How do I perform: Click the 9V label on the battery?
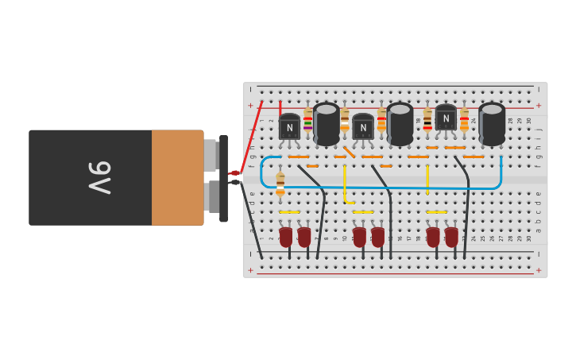click(x=99, y=178)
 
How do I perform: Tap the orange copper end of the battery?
click(x=177, y=178)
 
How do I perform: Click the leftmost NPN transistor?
click(x=289, y=127)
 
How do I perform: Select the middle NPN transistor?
click(x=363, y=127)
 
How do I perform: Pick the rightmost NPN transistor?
click(x=446, y=118)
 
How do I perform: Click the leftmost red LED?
click(x=285, y=236)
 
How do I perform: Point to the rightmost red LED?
click(x=451, y=236)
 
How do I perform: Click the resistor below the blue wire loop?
click(x=280, y=184)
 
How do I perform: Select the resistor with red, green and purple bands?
click(x=308, y=123)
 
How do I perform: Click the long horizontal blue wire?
click(x=381, y=188)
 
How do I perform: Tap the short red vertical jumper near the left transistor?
click(x=280, y=106)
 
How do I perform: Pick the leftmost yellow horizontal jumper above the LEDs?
click(x=289, y=212)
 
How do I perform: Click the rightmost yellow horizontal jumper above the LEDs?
click(x=437, y=212)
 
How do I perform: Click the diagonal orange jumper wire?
click(x=349, y=151)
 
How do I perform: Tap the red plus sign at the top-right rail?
click(x=539, y=105)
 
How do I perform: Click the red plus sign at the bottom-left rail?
click(x=251, y=270)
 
